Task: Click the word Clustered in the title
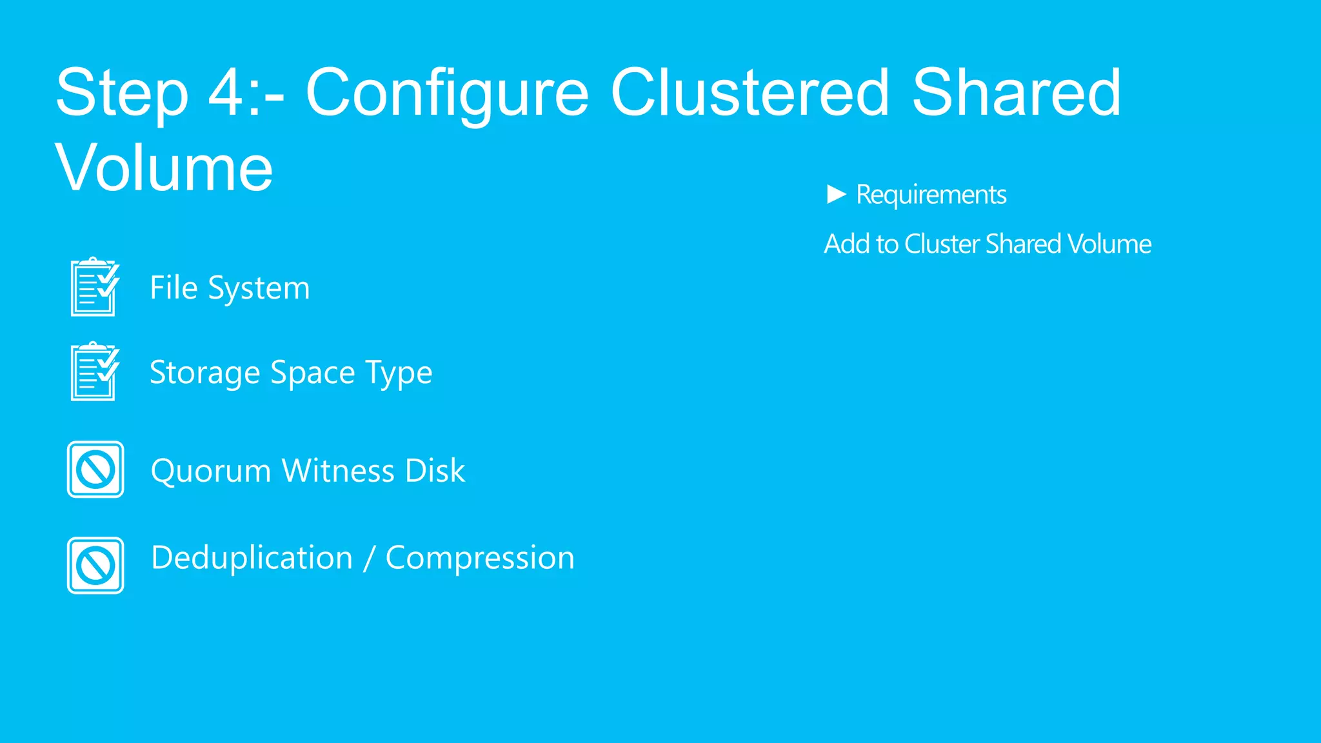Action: point(750,94)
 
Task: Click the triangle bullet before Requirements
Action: point(836,194)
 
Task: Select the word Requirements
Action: point(931,195)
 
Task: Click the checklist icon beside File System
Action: point(95,287)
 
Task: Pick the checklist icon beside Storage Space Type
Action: point(95,371)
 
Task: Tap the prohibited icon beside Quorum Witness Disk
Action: point(95,470)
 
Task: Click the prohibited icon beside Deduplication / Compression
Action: point(95,566)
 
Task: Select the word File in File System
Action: point(174,288)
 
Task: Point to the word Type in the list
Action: point(399,373)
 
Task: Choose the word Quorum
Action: point(210,471)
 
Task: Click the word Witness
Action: point(337,471)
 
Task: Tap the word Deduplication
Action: point(252,558)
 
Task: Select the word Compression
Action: point(479,558)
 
